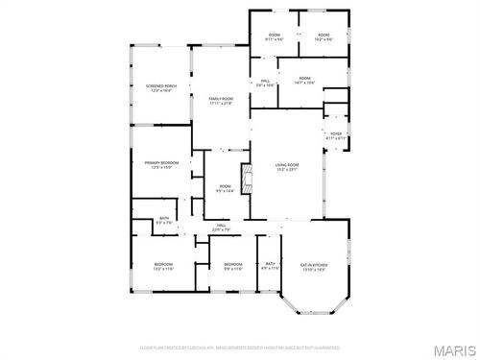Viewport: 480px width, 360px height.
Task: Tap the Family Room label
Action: [221, 100]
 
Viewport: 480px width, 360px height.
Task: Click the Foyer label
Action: [336, 135]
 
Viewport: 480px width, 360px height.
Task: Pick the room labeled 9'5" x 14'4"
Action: [225, 188]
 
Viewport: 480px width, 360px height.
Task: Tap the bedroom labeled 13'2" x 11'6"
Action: [164, 266]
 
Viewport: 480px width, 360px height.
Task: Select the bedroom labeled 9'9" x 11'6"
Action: [232, 266]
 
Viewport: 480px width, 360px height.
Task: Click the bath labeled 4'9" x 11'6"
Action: [271, 266]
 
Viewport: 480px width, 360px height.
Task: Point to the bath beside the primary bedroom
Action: [164, 221]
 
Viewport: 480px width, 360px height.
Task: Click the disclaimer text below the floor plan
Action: [239, 347]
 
